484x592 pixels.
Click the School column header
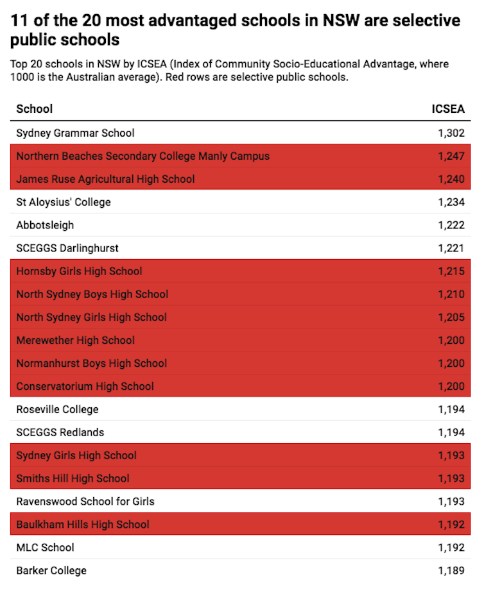[35, 109]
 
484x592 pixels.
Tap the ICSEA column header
[448, 109]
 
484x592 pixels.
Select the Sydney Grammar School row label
[75, 133]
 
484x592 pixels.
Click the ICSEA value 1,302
[451, 133]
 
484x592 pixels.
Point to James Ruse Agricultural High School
[105, 179]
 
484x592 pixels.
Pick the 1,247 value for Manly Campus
[451, 156]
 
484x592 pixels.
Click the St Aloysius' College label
[64, 202]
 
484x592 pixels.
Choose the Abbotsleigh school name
[45, 225]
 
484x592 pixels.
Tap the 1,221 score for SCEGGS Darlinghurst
[451, 248]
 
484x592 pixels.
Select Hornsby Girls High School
[79, 271]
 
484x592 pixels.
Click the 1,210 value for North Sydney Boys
[451, 294]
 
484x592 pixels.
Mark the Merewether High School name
[75, 341]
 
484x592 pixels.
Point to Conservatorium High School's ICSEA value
[451, 386]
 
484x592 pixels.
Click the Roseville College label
[58, 409]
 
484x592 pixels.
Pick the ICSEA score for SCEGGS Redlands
[451, 432]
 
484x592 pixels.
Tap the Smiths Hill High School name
[73, 478]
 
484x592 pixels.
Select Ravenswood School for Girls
[85, 502]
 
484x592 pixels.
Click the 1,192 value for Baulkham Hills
[451, 525]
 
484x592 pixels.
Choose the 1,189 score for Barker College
[451, 571]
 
